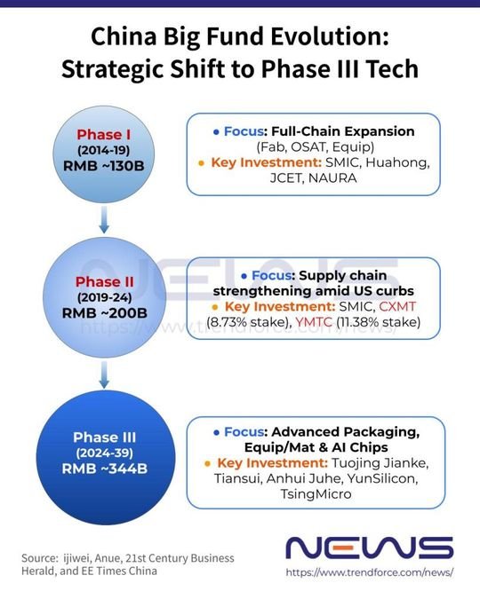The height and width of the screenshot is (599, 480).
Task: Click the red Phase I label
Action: pyautogui.click(x=104, y=135)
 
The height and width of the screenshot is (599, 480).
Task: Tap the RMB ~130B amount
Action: pyautogui.click(x=104, y=166)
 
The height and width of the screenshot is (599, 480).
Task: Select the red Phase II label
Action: pyautogui.click(x=105, y=281)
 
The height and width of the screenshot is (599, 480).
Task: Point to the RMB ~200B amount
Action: pyautogui.click(x=105, y=313)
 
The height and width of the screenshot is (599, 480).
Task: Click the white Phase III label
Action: pyautogui.click(x=105, y=437)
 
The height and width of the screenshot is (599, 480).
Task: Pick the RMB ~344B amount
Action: pyautogui.click(x=105, y=469)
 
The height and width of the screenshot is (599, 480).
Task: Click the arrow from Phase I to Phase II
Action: pyautogui.click(x=104, y=220)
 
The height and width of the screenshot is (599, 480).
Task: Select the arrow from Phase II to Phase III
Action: pyautogui.click(x=104, y=374)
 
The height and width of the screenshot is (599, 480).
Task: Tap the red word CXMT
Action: pyautogui.click(x=397, y=306)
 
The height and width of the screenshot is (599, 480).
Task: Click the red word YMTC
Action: pyautogui.click(x=314, y=322)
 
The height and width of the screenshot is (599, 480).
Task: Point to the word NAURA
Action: pyautogui.click(x=332, y=178)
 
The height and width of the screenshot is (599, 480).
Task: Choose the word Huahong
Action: pyautogui.click(x=397, y=163)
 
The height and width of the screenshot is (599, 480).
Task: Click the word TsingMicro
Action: pyautogui.click(x=316, y=494)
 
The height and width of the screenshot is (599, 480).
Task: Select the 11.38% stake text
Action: pyautogui.click(x=378, y=322)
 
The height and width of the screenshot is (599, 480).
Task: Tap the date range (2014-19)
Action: pyautogui.click(x=104, y=150)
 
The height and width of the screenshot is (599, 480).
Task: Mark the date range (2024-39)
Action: pyautogui.click(x=105, y=453)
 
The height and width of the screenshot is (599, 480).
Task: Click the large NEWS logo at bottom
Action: pyautogui.click(x=370, y=548)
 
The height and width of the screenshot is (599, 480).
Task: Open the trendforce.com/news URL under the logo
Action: pyautogui.click(x=370, y=572)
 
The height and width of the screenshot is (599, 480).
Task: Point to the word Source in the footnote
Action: pyautogui.click(x=39, y=558)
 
